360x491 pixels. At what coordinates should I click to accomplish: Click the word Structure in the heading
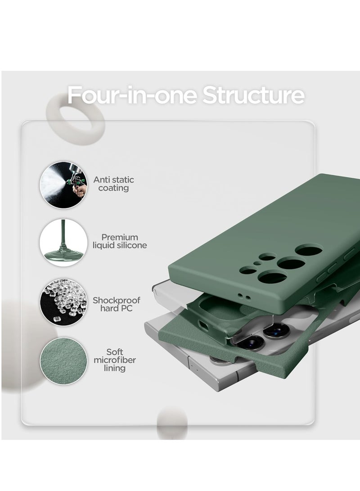[253, 95]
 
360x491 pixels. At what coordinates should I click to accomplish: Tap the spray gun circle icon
[64, 185]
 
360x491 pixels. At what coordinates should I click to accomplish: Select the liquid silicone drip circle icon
[64, 243]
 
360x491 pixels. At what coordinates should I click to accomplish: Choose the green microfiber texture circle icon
[64, 361]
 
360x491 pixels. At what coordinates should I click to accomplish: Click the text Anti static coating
[114, 184]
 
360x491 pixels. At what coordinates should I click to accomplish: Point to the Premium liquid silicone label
[120, 241]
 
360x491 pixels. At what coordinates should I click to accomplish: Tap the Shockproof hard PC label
[117, 304]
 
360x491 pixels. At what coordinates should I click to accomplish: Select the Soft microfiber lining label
[115, 360]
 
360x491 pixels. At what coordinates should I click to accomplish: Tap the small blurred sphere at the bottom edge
[172, 423]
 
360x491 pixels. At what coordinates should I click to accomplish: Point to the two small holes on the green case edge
[244, 296]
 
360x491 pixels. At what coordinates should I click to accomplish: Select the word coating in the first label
[114, 188]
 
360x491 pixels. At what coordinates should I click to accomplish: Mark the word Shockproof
[117, 300]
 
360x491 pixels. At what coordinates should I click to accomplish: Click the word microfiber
[115, 360]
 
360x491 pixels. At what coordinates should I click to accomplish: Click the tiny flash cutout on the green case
[257, 263]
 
